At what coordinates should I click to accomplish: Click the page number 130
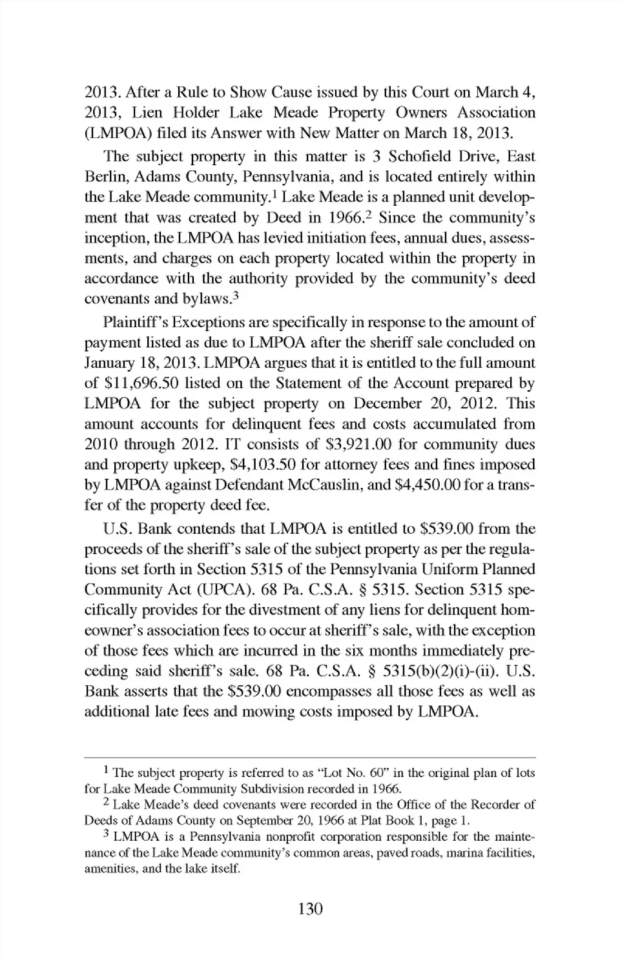310,909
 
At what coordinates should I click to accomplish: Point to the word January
110,363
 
